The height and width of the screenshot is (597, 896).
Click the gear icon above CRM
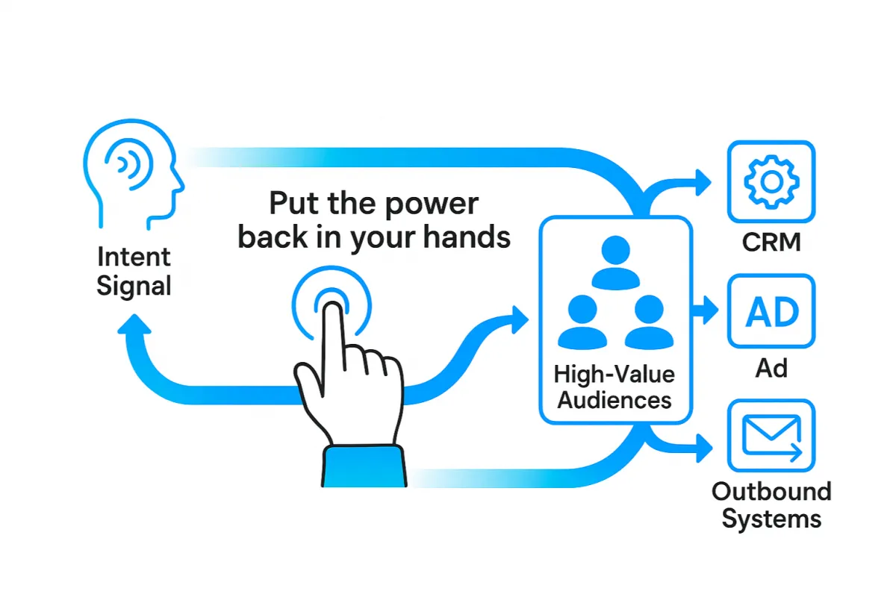[771, 181]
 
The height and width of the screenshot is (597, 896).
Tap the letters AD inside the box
[772, 311]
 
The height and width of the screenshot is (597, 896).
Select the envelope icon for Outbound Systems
[771, 439]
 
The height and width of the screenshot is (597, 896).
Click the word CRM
[771, 243]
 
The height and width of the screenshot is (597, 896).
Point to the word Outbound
[771, 492]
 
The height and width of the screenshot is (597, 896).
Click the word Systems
[771, 518]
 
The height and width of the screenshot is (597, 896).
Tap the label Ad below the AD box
[771, 368]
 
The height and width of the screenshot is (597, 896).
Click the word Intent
[134, 257]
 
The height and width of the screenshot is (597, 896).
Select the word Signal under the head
[134, 285]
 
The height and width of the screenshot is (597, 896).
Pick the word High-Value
[615, 373]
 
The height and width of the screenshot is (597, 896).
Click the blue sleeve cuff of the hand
[364, 466]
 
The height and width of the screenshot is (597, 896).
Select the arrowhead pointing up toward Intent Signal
[135, 325]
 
